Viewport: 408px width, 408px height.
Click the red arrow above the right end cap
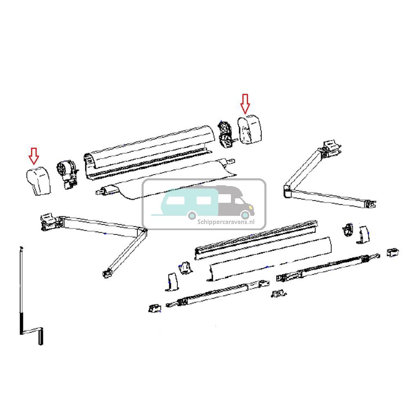tap(245, 103)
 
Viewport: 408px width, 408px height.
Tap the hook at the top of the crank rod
tap(20, 248)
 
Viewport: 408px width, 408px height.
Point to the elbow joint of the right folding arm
tap(287, 191)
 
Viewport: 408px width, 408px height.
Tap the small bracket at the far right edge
tap(392, 252)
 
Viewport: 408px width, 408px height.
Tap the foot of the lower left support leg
tap(154, 308)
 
